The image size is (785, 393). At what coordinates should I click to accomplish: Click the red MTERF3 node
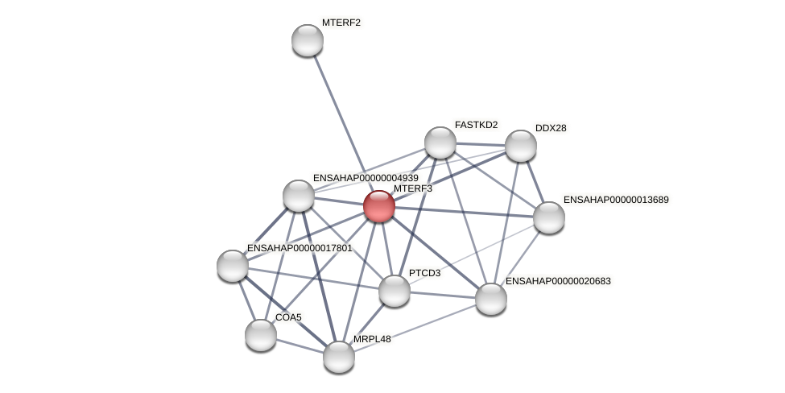pos(379,206)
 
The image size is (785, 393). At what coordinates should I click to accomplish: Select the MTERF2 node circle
pos(307,40)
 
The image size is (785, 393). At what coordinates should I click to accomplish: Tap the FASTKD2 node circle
pos(440,143)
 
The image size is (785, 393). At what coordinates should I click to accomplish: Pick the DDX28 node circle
pos(521,146)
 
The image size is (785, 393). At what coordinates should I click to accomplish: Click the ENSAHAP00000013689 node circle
pos(549,217)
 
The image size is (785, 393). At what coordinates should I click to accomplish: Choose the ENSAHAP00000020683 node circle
pos(491,299)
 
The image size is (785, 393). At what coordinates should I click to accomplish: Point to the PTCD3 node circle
pos(395,291)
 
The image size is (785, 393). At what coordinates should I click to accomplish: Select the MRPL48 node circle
pos(339,357)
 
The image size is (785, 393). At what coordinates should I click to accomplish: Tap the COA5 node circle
pos(261,335)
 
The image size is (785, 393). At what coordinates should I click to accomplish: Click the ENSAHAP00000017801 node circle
pos(233,266)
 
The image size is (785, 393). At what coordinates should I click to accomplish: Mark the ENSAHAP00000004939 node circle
pos(299,196)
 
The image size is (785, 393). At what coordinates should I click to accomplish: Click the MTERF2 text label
pos(341,23)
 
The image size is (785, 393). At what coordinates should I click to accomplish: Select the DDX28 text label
pos(551,128)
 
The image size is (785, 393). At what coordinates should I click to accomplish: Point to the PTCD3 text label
pos(424,273)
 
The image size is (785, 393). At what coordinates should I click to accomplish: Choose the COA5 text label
pos(288,317)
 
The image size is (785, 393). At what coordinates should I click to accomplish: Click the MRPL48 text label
pos(372,339)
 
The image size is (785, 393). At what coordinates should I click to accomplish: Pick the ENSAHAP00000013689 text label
pos(616,200)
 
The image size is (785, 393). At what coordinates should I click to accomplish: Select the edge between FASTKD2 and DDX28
pos(481,144)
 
